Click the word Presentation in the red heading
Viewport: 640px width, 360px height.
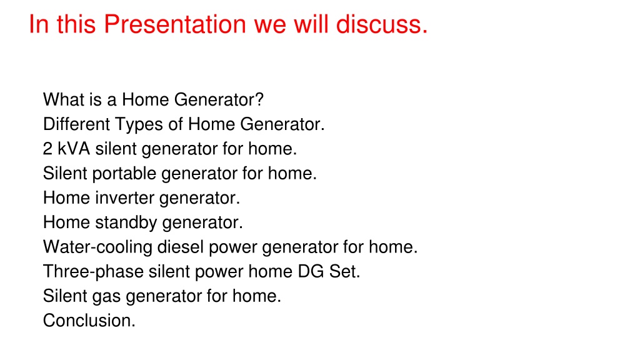click(175, 24)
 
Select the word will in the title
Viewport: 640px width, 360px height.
click(311, 24)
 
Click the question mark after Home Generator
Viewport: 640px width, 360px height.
click(259, 99)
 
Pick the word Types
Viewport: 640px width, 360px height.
click(139, 125)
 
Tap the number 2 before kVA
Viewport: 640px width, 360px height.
click(47, 149)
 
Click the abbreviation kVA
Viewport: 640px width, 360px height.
click(74, 149)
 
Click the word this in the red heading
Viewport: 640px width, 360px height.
click(76, 24)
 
